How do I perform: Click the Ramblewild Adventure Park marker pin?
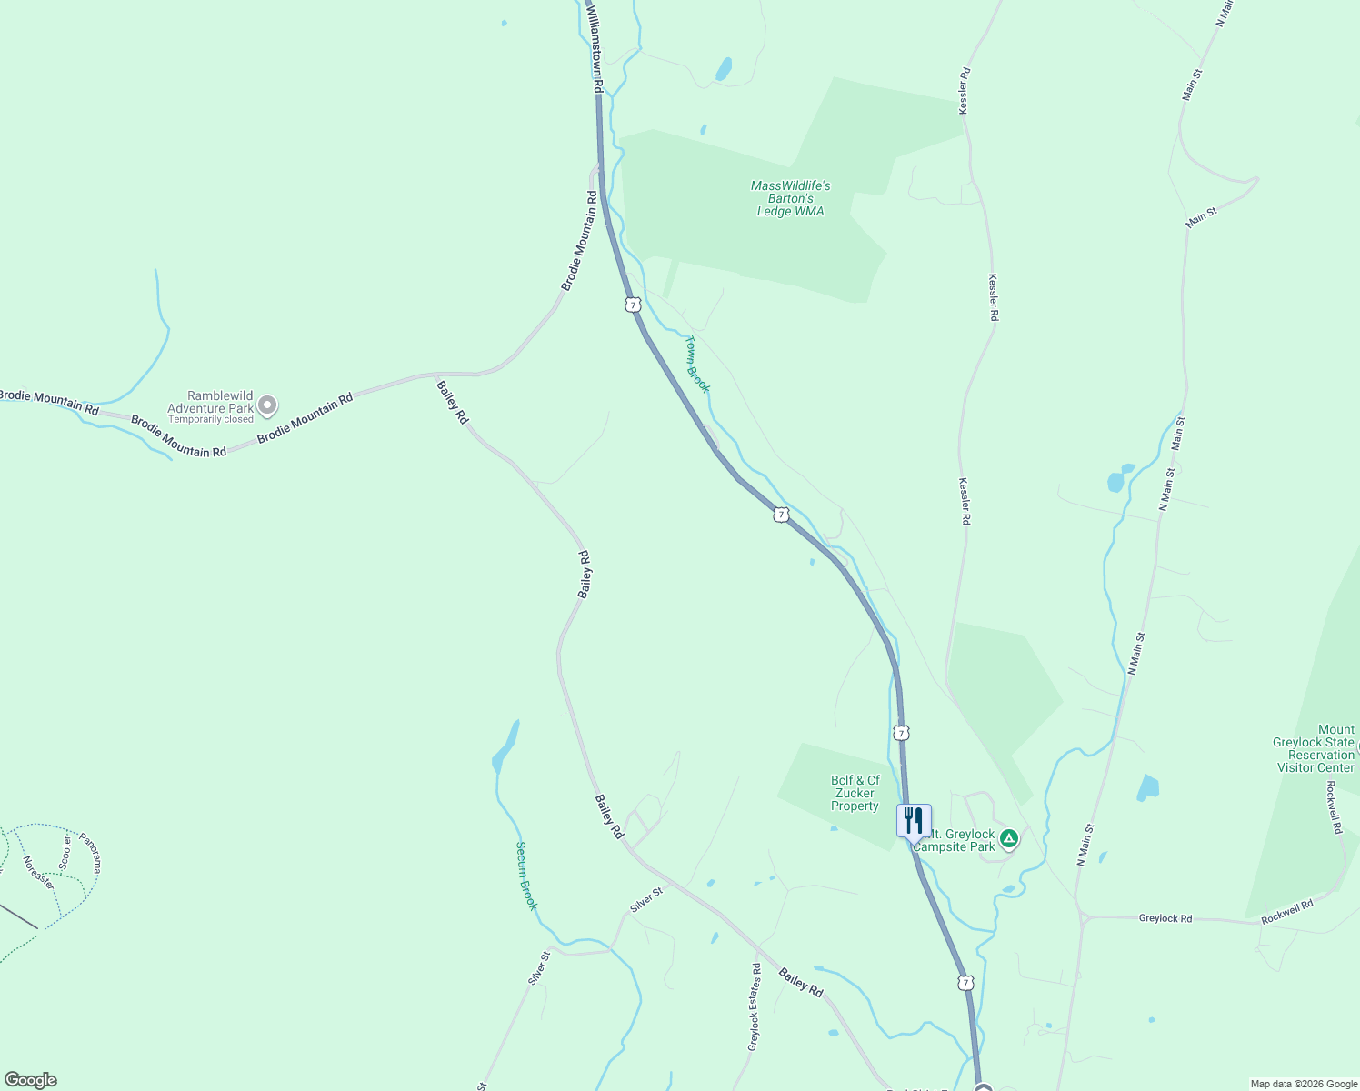(267, 405)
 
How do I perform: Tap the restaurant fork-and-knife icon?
(914, 820)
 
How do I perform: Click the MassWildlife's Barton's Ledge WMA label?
(790, 198)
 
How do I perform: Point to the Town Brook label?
(697, 364)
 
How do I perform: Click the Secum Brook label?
(526, 876)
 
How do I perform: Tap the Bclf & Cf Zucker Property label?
(855, 793)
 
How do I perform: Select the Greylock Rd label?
(1165, 918)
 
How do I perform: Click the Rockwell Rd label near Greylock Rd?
(1286, 912)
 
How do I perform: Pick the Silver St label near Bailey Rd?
(646, 900)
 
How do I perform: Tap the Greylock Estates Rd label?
(754, 1006)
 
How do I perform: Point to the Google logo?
(30, 1080)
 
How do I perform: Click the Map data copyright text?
(1303, 1084)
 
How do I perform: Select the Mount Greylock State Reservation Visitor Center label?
(1315, 748)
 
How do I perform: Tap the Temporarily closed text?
(211, 420)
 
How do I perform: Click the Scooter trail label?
(65, 852)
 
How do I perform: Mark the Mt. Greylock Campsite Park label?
(955, 840)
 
